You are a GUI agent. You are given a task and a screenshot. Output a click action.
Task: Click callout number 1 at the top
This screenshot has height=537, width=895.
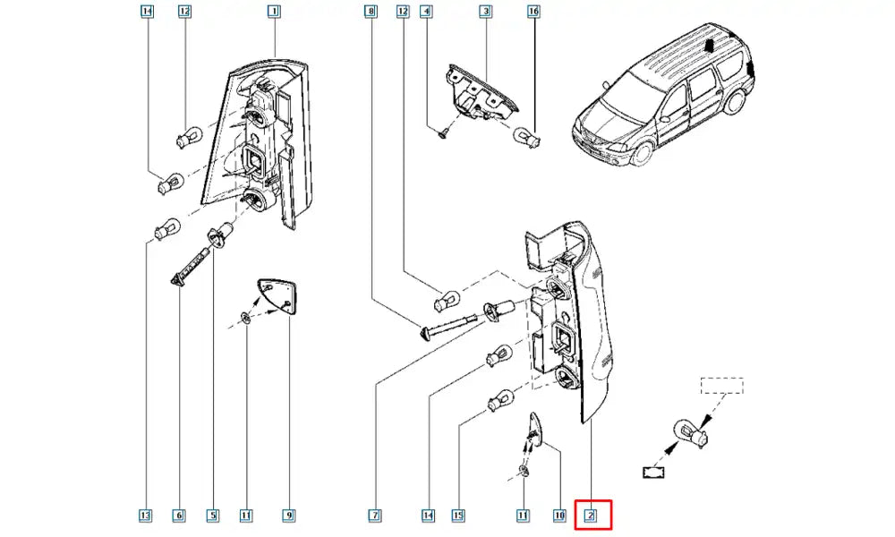(x=274, y=12)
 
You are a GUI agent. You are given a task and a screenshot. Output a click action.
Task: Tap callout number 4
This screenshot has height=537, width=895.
(x=427, y=12)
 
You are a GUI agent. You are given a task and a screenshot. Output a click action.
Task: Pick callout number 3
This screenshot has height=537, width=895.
(x=485, y=12)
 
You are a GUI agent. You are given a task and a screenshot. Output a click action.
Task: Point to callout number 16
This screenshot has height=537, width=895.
(x=534, y=12)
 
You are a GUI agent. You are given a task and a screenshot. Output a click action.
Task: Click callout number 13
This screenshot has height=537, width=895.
(x=146, y=516)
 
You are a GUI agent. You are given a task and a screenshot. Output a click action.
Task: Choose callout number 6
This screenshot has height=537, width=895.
(x=179, y=516)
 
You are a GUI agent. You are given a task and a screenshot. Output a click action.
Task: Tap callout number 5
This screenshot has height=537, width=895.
(x=213, y=516)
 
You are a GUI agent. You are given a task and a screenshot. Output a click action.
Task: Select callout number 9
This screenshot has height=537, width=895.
(x=289, y=516)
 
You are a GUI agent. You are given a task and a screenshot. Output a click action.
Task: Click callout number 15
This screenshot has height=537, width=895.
(x=458, y=516)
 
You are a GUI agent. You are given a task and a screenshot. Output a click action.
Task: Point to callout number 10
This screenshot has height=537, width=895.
(x=559, y=516)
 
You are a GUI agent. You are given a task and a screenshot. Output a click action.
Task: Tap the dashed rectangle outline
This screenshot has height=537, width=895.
(x=721, y=387)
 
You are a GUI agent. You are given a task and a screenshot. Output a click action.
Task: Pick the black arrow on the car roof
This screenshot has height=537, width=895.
(x=710, y=45)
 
